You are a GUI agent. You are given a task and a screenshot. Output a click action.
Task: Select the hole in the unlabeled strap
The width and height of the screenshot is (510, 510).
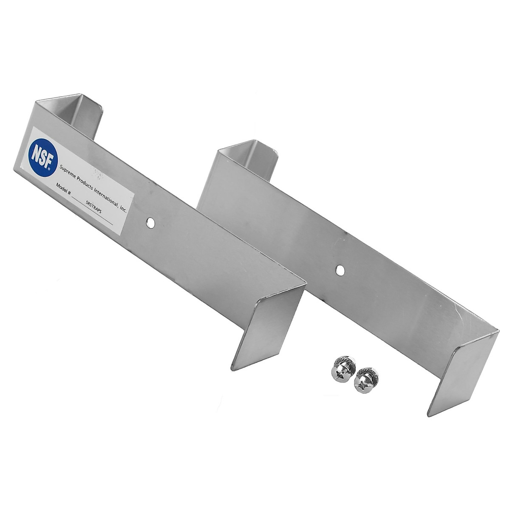click(340, 269)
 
